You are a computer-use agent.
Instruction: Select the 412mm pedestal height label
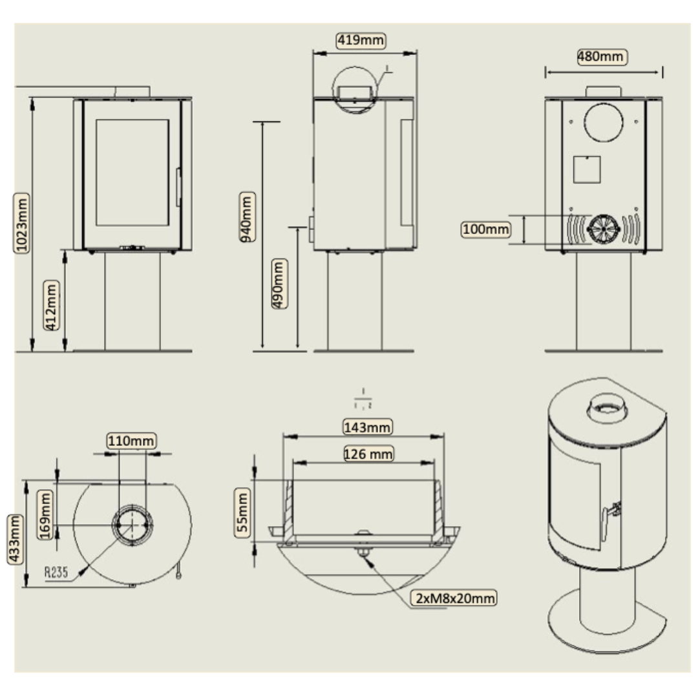click(x=53, y=306)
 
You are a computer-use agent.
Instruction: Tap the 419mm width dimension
click(x=361, y=41)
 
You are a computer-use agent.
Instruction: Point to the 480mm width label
click(x=601, y=57)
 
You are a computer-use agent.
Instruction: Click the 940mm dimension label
click(x=246, y=217)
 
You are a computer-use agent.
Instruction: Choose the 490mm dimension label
click(x=279, y=284)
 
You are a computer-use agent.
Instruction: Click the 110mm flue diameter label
click(x=132, y=441)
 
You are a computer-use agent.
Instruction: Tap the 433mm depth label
click(x=16, y=540)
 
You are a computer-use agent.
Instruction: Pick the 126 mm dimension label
click(x=368, y=454)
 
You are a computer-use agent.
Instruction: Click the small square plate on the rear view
click(x=587, y=170)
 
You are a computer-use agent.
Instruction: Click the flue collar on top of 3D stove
click(x=607, y=408)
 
